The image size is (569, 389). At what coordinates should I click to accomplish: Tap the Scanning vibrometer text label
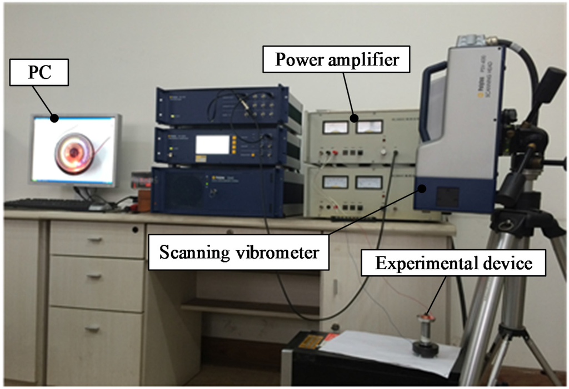[x=239, y=252]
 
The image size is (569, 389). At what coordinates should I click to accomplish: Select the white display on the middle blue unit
[x=212, y=144]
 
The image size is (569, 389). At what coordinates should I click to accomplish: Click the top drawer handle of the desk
[x=95, y=239]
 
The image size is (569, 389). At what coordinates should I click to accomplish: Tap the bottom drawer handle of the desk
[x=95, y=328]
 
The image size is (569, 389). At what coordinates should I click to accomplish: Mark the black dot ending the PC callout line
[x=54, y=118]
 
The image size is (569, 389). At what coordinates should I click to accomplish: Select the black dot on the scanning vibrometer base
[x=423, y=189]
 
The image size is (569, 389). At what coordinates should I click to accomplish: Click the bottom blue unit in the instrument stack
[x=227, y=190]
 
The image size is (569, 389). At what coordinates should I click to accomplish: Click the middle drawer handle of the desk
[x=95, y=275]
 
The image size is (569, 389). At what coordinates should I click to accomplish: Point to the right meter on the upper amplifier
[x=369, y=127]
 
